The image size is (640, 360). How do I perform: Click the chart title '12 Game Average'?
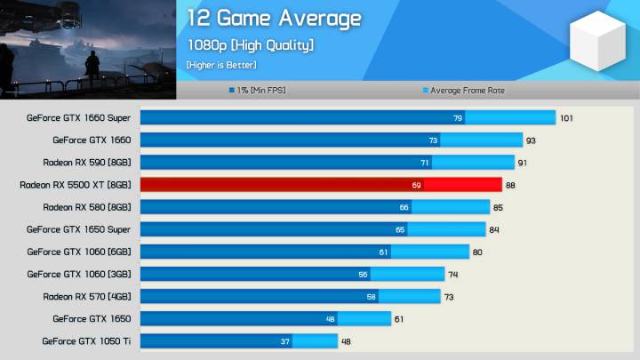click(274, 19)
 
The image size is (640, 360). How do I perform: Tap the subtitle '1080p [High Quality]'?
click(250, 44)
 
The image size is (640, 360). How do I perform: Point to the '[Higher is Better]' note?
click(221, 65)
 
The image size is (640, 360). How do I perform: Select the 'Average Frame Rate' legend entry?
click(467, 90)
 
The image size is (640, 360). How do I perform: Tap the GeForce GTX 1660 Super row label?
click(78, 117)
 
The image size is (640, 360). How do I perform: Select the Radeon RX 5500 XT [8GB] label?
click(75, 185)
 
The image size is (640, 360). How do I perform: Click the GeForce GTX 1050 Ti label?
click(86, 340)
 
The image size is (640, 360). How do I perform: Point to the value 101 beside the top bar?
click(566, 117)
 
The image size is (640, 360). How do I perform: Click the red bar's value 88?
click(511, 185)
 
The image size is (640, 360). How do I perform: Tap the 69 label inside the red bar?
click(416, 185)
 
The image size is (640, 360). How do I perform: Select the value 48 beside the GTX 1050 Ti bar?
click(347, 340)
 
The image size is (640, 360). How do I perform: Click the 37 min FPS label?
click(284, 340)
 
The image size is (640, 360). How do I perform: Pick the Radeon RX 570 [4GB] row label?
click(86, 296)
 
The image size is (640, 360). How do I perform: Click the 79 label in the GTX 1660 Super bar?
click(458, 117)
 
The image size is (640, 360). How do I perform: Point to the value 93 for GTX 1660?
click(531, 140)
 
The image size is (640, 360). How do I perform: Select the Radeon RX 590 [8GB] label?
click(86, 163)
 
